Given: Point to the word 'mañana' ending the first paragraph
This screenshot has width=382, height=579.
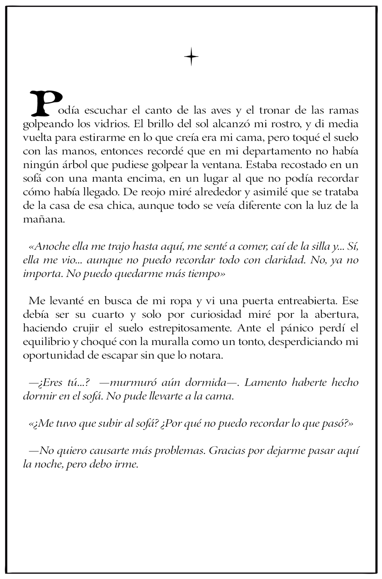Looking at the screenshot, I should [40, 219].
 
